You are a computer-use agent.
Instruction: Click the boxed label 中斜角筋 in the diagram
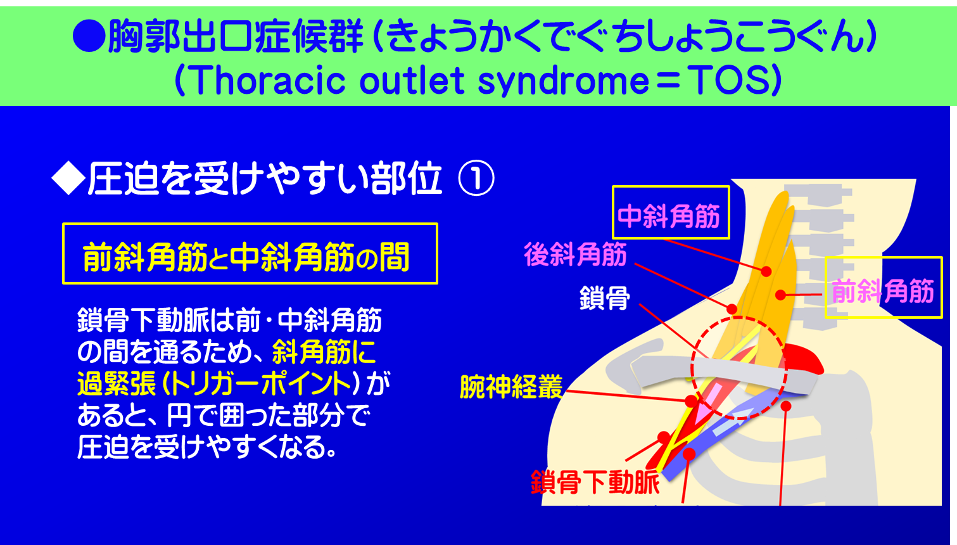click(x=670, y=217)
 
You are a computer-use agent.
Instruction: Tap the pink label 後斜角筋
click(x=575, y=255)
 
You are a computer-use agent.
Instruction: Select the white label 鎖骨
click(x=605, y=297)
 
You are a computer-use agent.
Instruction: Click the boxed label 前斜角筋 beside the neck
click(x=883, y=291)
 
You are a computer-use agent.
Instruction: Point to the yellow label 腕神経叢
click(x=510, y=387)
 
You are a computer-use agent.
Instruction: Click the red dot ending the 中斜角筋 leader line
click(x=766, y=271)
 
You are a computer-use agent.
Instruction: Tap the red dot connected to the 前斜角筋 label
click(x=781, y=295)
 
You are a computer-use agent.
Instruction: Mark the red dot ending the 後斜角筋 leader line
click(x=732, y=309)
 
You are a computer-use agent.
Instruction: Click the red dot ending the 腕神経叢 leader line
click(x=690, y=402)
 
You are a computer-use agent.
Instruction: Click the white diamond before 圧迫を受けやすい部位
click(x=68, y=179)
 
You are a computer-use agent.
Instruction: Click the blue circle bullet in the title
click(x=89, y=36)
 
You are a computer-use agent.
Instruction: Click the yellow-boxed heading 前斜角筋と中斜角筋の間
click(x=250, y=254)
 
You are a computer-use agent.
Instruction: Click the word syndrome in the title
click(x=563, y=80)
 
